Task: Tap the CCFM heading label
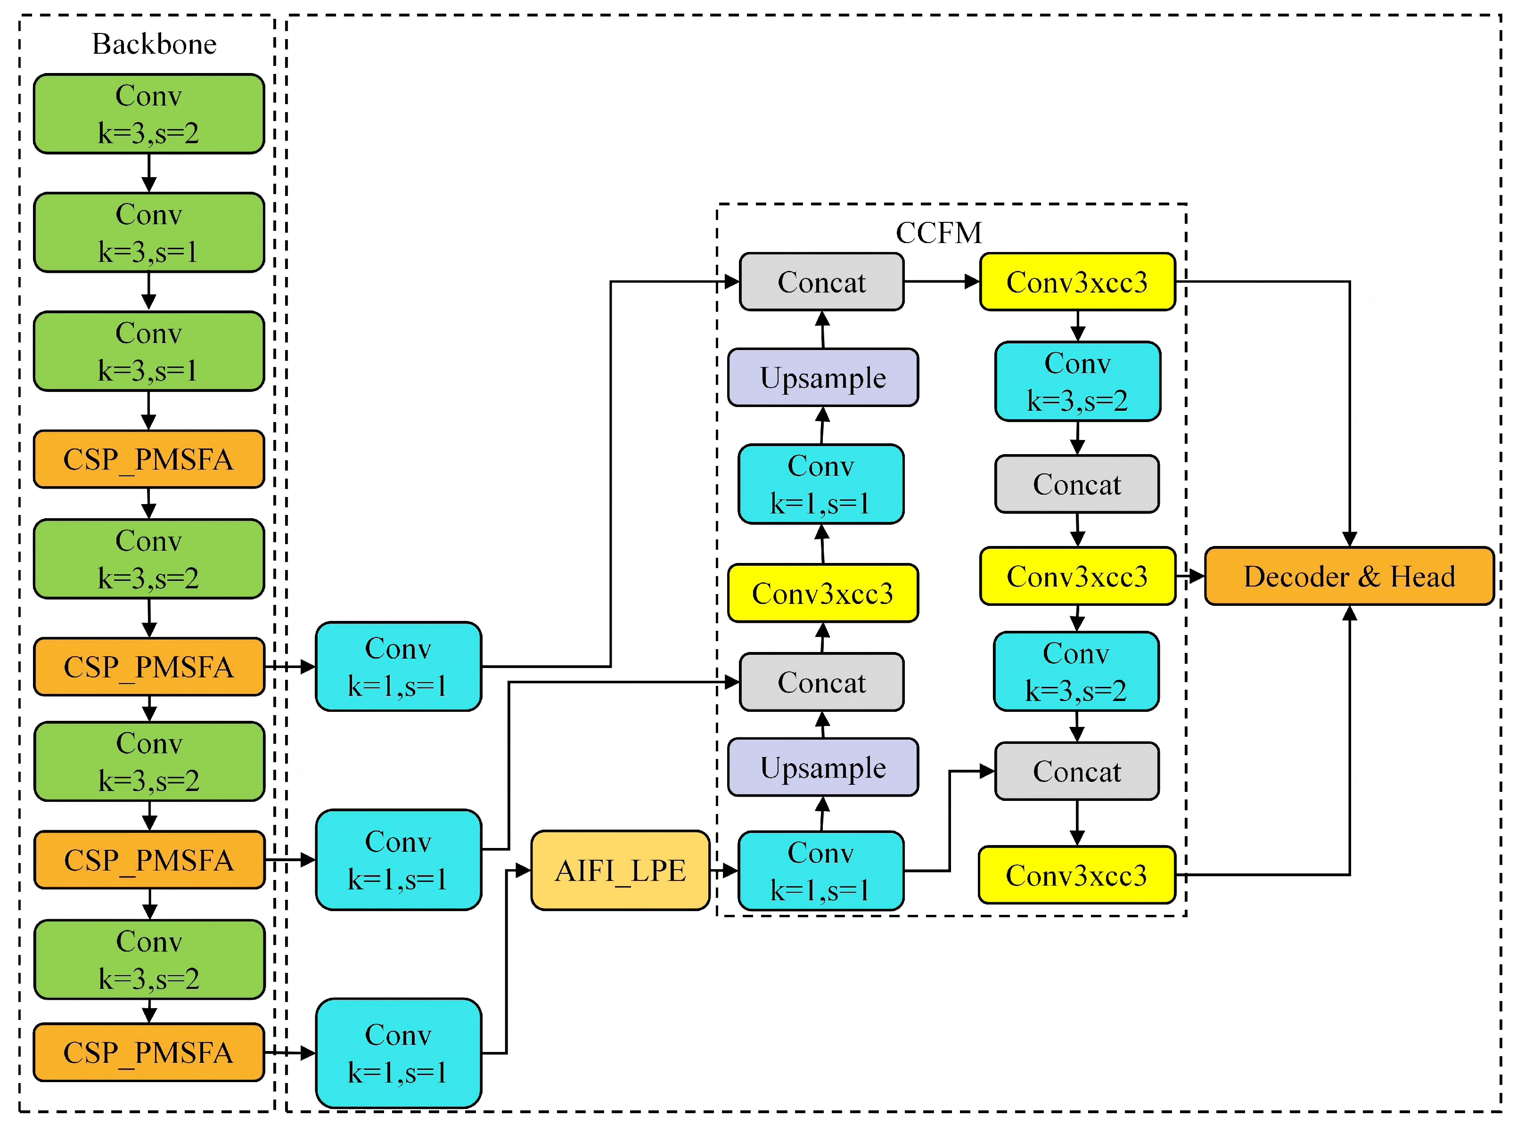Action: tap(938, 233)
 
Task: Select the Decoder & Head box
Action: tap(1349, 576)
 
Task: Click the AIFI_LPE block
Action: tap(620, 871)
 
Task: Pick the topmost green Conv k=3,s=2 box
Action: tap(149, 114)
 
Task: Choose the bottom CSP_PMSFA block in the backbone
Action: tap(149, 1052)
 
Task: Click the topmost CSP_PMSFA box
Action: tap(149, 459)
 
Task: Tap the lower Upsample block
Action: tap(823, 768)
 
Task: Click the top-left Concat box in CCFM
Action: tap(821, 282)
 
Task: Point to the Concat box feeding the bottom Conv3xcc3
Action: tap(1077, 771)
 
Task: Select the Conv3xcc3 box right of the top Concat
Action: tap(1077, 282)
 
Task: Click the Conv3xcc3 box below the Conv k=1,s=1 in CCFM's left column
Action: tap(823, 593)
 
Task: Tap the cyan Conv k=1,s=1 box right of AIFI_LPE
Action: tap(821, 871)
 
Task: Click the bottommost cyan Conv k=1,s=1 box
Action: tap(398, 1053)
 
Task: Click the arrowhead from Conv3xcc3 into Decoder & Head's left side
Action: tap(1197, 576)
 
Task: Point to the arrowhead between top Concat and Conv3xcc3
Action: tap(972, 281)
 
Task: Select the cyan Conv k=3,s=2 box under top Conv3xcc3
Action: tap(1077, 381)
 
